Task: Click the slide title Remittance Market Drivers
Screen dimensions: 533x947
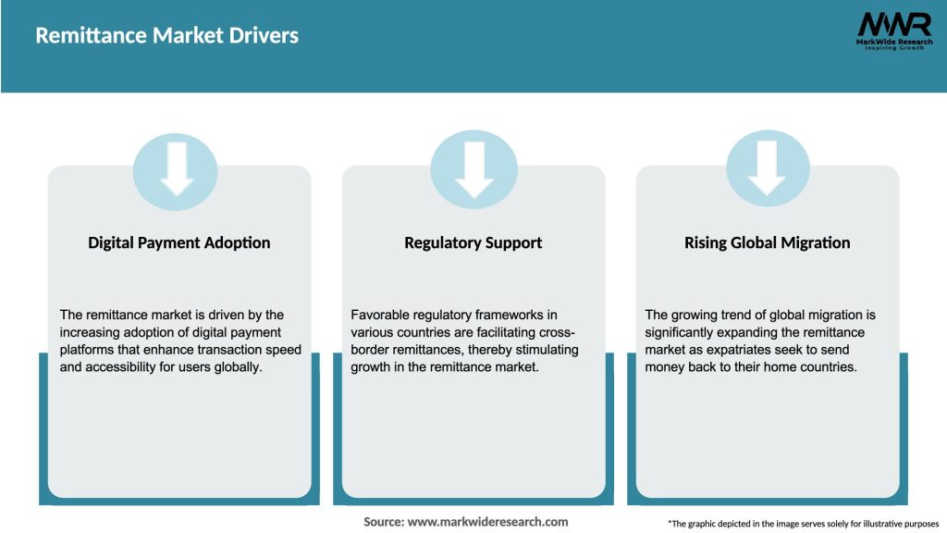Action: tap(166, 36)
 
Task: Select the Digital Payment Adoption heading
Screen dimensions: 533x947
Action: tap(179, 242)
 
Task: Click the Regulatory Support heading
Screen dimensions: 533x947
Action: tap(473, 242)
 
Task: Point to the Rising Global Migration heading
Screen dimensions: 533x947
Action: tap(767, 242)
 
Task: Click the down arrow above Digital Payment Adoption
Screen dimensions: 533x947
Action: tap(176, 169)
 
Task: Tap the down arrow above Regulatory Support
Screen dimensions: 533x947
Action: tap(473, 169)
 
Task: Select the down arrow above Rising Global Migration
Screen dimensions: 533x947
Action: tap(767, 169)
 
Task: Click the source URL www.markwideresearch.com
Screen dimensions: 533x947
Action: tap(487, 522)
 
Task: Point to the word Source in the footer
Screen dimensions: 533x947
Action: tap(383, 522)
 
